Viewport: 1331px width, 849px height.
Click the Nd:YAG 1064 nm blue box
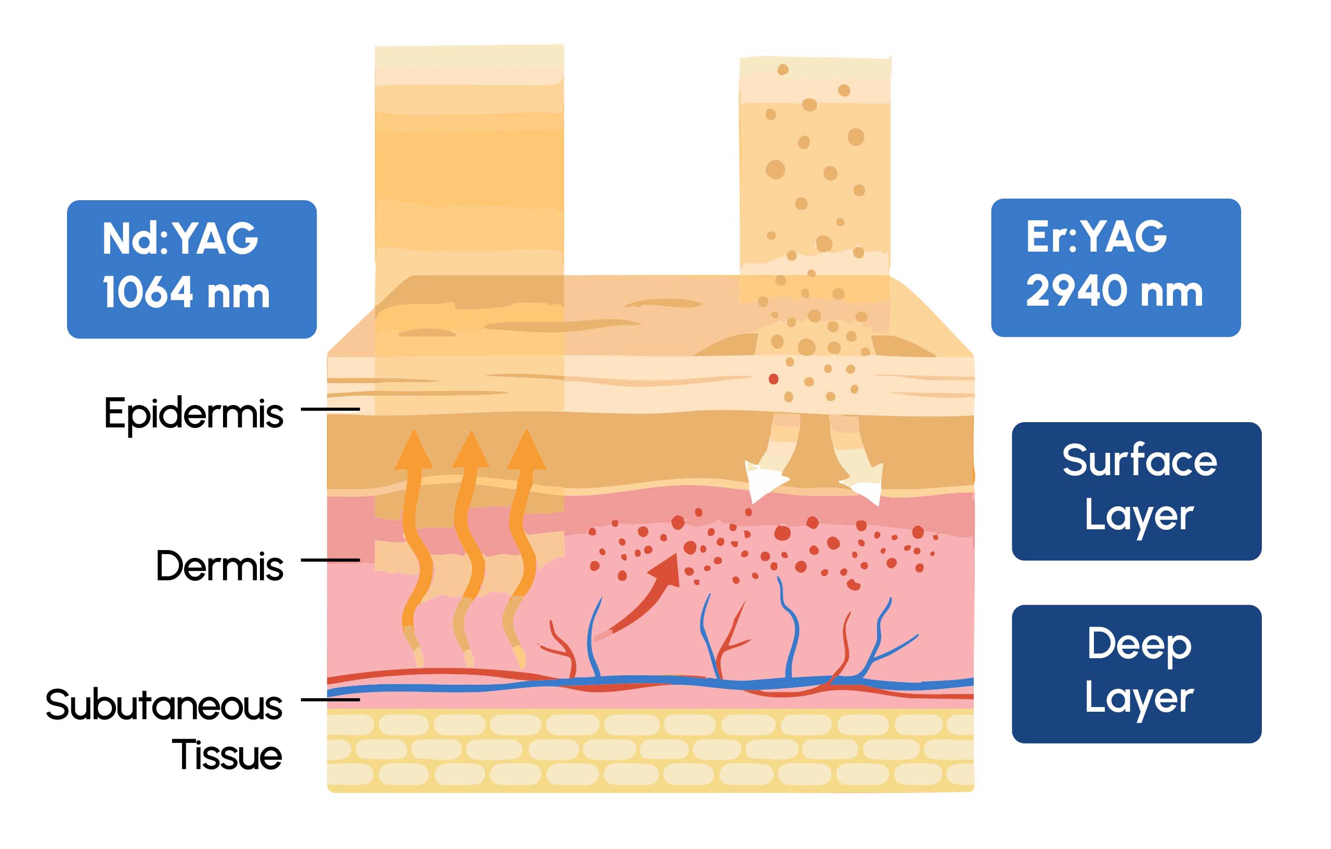tap(191, 269)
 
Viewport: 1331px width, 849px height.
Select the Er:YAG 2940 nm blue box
tap(1115, 268)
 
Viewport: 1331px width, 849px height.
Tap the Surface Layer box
tap(1137, 491)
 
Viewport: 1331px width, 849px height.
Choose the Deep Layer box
tap(1137, 674)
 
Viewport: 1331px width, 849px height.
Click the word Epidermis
tap(193, 413)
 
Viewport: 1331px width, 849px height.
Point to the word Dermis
tap(219, 566)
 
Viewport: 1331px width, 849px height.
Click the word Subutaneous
tap(164, 706)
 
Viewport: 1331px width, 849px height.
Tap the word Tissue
tap(227, 755)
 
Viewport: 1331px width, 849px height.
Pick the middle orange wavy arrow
tap(470, 531)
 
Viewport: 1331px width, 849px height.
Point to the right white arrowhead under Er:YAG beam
tap(865, 483)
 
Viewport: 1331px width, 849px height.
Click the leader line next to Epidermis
tap(330, 409)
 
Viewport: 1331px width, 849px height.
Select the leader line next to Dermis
tap(330, 560)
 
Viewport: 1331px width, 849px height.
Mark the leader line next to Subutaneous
tap(330, 700)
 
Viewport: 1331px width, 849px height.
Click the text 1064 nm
tap(186, 292)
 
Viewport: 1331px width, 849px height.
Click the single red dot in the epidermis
tap(773, 379)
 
